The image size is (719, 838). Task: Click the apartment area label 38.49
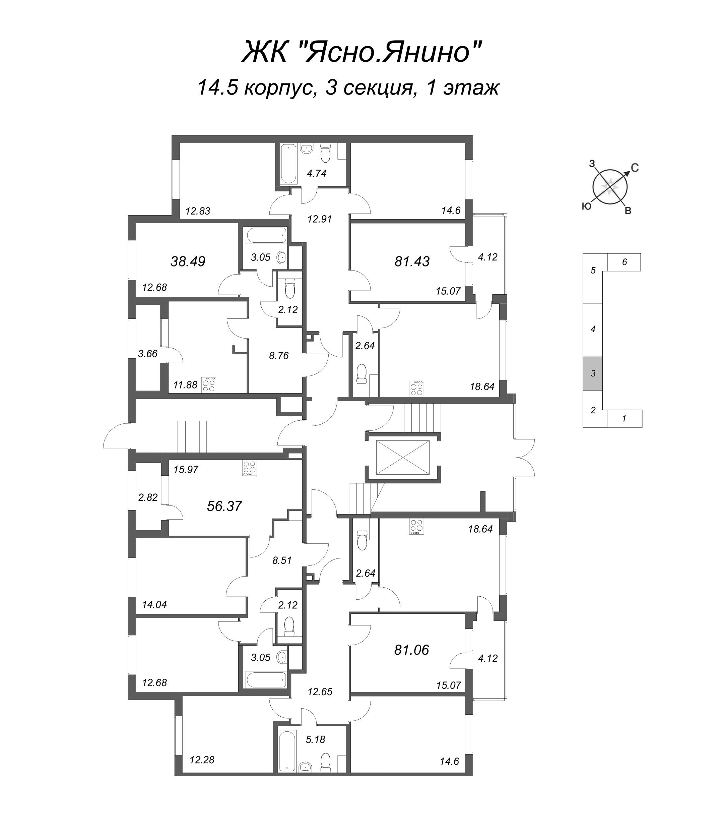click(188, 261)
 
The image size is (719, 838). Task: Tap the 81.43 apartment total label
click(412, 261)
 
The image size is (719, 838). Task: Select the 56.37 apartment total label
click(224, 506)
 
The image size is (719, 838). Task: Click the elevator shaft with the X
click(402, 458)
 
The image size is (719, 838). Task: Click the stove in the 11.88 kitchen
click(209, 384)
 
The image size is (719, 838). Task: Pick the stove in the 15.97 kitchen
click(249, 468)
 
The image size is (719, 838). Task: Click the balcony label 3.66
click(147, 354)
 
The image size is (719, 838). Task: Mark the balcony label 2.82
click(147, 497)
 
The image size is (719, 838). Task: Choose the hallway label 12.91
click(319, 219)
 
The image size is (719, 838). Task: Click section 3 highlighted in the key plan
click(592, 373)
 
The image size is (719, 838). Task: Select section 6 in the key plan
click(624, 262)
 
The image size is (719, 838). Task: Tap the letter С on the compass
click(635, 168)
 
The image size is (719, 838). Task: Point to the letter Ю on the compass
click(586, 206)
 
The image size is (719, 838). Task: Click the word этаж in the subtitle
click(471, 88)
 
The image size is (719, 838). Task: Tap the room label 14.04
click(154, 605)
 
